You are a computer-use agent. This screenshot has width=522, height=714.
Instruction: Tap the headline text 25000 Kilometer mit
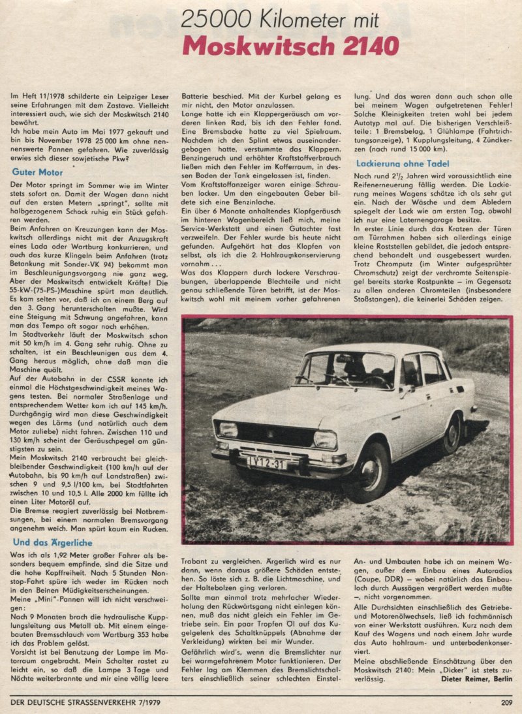click(279, 20)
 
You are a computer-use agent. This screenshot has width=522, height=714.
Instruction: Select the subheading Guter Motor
click(37, 172)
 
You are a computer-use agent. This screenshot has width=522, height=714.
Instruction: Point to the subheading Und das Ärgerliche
click(52, 542)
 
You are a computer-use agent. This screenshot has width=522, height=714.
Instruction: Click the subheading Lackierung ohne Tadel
click(403, 163)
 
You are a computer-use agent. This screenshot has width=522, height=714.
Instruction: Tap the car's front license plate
click(267, 463)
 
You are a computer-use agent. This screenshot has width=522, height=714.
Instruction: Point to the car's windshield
click(346, 370)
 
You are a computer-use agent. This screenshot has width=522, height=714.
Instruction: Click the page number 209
click(506, 703)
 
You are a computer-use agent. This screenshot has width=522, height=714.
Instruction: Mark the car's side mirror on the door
click(407, 390)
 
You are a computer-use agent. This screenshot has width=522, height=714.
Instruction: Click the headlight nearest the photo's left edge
click(228, 429)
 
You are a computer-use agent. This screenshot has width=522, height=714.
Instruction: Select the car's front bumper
click(281, 458)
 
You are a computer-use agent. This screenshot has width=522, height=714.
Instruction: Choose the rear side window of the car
click(432, 369)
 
